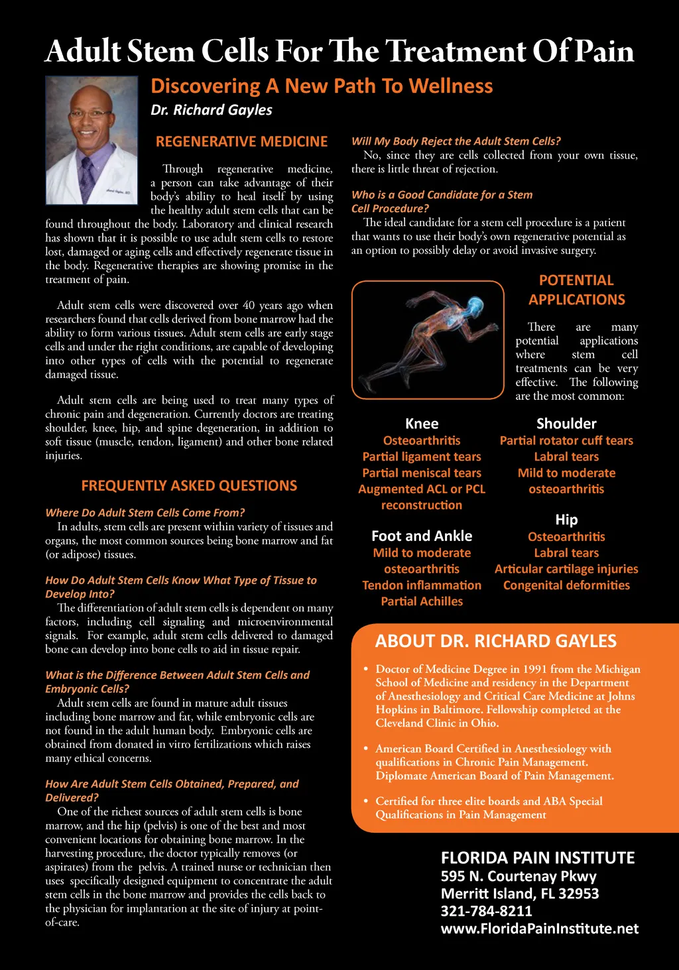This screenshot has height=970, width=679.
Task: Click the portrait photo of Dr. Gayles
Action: pos(91,140)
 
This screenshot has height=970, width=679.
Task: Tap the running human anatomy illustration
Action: pos(428,339)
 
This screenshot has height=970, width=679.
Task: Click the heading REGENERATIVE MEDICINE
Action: pos(241,142)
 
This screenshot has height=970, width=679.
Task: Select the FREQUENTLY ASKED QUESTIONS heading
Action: pos(189,486)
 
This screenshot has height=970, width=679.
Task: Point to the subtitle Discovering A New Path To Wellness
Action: pos(322,86)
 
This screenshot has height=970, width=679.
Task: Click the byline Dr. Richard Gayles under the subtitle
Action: pos(211,110)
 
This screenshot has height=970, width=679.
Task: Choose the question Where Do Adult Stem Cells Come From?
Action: pos(145,513)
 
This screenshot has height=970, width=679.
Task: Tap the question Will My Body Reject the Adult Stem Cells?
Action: pos(456,141)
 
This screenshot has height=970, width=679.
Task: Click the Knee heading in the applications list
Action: pos(422,424)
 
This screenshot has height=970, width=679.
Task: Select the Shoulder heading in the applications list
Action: pos(566,424)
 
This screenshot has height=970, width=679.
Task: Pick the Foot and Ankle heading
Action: pos(422,536)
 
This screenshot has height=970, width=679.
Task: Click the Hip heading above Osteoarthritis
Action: pos(566,520)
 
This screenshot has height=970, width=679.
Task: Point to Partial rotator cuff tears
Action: pos(566,441)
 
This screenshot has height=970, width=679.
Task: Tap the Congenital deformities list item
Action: pos(566,585)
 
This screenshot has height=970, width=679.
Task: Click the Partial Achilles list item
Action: pos(422,601)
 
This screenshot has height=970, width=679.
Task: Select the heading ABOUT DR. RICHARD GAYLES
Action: pos(495,641)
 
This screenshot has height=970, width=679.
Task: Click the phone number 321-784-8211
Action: pos(486,911)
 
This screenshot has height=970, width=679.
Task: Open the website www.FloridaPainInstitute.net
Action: pos(539,929)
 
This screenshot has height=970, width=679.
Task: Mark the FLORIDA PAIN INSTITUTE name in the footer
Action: pos(538,858)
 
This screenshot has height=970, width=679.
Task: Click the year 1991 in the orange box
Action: pos(534,670)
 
